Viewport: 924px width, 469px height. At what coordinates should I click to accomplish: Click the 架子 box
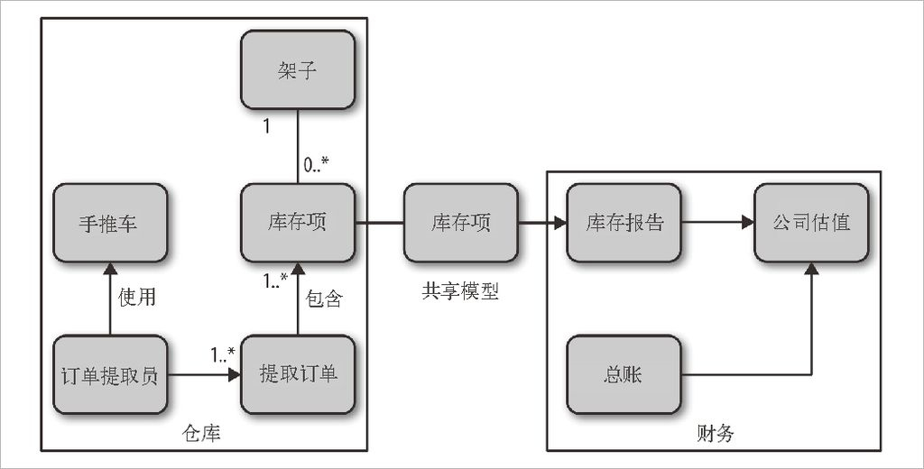[x=298, y=69]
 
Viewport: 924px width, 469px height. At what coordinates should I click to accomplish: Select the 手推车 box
[x=110, y=223]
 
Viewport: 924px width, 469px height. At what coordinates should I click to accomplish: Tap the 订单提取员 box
[x=110, y=374]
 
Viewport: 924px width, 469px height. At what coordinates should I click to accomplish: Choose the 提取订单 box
[x=298, y=374]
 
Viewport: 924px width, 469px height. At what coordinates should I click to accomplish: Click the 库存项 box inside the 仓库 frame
[x=298, y=223]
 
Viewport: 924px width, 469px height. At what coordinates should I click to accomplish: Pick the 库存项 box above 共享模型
[x=461, y=223]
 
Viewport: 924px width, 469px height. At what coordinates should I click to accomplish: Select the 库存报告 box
[x=624, y=223]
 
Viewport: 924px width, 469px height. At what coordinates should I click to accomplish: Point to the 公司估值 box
[x=811, y=223]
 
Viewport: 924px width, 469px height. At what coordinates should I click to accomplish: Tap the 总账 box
[x=624, y=374]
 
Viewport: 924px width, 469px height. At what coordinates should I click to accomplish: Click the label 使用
[x=137, y=297]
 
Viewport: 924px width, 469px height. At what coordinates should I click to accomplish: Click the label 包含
[x=324, y=299]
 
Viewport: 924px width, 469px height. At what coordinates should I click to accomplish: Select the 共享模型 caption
[x=460, y=290]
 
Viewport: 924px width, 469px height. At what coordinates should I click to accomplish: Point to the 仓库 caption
[x=201, y=434]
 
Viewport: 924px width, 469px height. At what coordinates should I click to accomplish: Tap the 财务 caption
[x=715, y=434]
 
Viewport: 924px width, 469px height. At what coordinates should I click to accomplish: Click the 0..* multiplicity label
[x=316, y=164]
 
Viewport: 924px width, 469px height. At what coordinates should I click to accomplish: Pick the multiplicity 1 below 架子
[x=266, y=126]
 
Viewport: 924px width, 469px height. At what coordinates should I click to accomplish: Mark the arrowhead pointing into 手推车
[x=110, y=269]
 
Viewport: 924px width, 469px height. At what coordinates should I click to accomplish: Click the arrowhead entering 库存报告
[x=559, y=223]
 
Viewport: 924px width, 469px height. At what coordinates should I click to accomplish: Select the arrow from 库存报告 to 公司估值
[x=717, y=223]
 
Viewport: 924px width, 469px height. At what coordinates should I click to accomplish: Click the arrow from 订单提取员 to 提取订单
[x=204, y=374]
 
